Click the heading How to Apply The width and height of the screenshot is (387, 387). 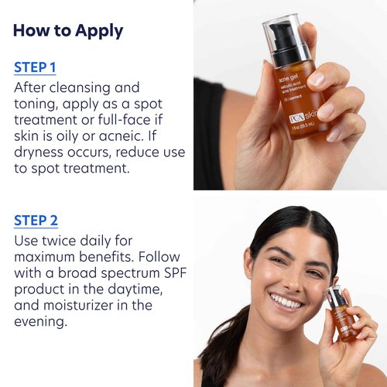pos(68,31)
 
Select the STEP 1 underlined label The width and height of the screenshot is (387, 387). pos(36,67)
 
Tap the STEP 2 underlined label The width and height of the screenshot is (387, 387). pos(36,221)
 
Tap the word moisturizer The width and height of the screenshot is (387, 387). pos(80,305)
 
